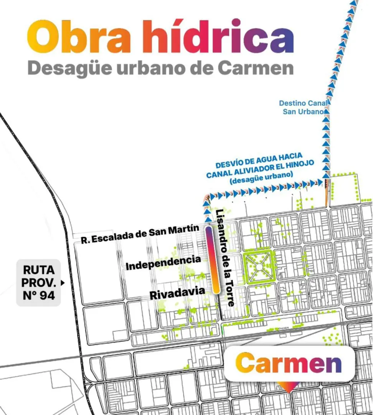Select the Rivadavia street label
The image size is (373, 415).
177,292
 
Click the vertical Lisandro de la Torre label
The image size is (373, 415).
225,258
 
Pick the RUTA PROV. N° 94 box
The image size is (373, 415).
38,282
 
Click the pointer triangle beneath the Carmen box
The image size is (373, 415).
289,387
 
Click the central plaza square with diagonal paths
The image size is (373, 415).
259,266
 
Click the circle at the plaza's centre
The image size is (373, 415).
259,266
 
